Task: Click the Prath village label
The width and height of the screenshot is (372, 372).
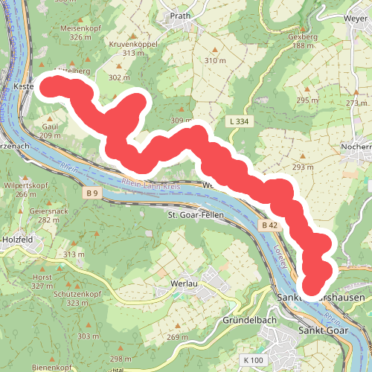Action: point(181,15)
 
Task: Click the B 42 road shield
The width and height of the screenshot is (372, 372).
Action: point(269,224)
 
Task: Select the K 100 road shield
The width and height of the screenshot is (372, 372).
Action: point(252,360)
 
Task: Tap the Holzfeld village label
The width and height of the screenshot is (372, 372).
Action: point(17,240)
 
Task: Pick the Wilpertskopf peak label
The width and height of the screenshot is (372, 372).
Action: point(26,185)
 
